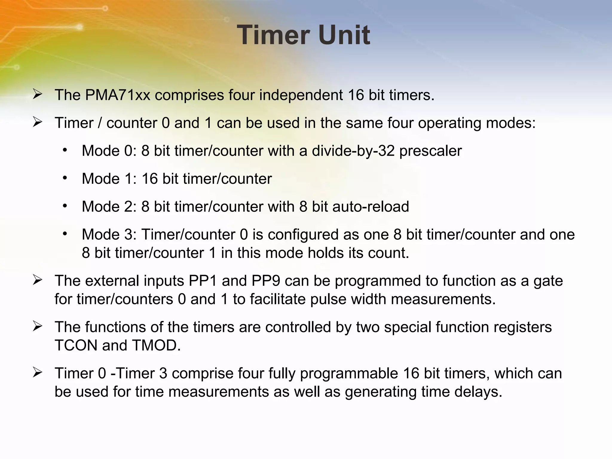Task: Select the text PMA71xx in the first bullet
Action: (x=117, y=95)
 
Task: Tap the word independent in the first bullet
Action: (x=301, y=95)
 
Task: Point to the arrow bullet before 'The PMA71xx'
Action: (x=37, y=94)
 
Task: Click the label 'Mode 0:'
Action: (x=109, y=151)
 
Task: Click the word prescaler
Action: (x=430, y=151)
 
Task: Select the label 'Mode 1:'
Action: (x=109, y=179)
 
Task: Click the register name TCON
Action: (x=76, y=345)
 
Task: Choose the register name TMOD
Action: (x=156, y=345)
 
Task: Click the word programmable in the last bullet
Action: (x=349, y=374)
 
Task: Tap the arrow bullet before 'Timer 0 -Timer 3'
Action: (x=37, y=373)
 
